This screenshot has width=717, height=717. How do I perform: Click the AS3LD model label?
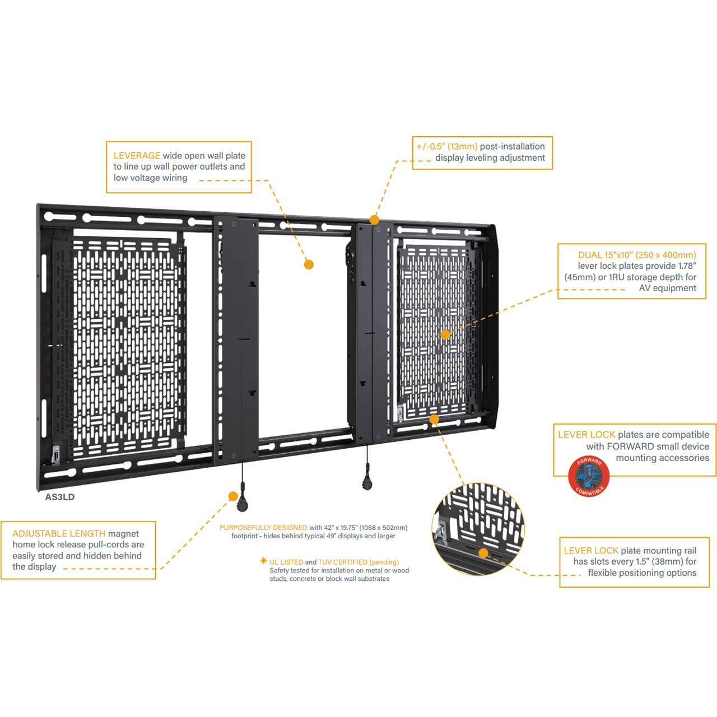click(x=60, y=497)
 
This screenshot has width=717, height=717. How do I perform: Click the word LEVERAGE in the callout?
click(x=137, y=156)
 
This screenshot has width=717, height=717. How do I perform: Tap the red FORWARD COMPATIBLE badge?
click(x=589, y=476)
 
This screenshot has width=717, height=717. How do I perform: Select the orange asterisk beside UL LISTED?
click(x=263, y=561)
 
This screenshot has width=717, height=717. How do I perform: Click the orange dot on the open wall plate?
click(x=309, y=264)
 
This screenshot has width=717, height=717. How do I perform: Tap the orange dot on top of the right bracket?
click(x=374, y=220)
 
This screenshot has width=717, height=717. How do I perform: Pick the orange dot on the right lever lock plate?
click(x=445, y=334)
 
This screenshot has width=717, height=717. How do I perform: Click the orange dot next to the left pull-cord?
click(x=233, y=496)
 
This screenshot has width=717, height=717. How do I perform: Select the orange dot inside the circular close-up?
click(x=483, y=553)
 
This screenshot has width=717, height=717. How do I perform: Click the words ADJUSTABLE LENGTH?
click(x=59, y=534)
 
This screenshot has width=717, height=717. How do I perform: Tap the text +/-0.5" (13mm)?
click(x=446, y=147)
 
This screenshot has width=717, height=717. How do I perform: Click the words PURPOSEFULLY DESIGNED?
click(x=263, y=528)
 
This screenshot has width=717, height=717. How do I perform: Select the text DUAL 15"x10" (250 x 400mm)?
click(x=637, y=255)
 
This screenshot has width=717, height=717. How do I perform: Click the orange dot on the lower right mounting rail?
click(x=434, y=419)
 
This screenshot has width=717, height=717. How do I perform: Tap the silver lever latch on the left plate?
click(x=55, y=455)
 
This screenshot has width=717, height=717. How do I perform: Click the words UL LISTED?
click(x=286, y=562)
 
